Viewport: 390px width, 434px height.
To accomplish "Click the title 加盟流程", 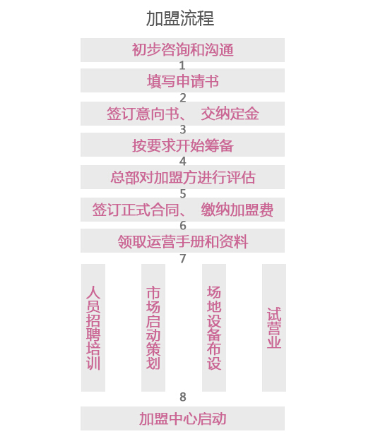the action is [180, 18].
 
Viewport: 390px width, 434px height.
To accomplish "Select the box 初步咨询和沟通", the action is [182, 50].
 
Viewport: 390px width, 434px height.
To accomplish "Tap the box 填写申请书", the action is [182, 80].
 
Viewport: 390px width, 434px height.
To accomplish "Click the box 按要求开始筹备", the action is [182, 145].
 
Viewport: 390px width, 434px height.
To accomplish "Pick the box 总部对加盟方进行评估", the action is [182, 177].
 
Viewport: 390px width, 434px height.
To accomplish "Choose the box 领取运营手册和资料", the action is [182, 241].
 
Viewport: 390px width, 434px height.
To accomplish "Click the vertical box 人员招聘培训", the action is [93, 327].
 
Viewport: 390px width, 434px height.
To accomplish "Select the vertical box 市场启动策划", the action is [153, 327].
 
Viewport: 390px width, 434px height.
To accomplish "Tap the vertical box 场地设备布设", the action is [214, 327].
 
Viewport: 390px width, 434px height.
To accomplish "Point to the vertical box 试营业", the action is [274, 327].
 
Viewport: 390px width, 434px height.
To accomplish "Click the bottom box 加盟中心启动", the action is [182, 418].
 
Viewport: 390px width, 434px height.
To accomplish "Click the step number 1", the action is [182, 66].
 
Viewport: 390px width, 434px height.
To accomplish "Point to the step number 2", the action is [183, 97].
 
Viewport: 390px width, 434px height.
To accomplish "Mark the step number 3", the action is [183, 130].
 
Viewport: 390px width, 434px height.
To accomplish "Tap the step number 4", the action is [183, 162].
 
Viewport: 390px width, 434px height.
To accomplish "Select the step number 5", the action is [183, 194].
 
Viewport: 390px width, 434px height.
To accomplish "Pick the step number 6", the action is [183, 226].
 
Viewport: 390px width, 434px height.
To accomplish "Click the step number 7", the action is [183, 258].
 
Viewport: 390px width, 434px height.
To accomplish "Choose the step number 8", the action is [183, 397].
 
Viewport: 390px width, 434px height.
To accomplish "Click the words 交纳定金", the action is [230, 114].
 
